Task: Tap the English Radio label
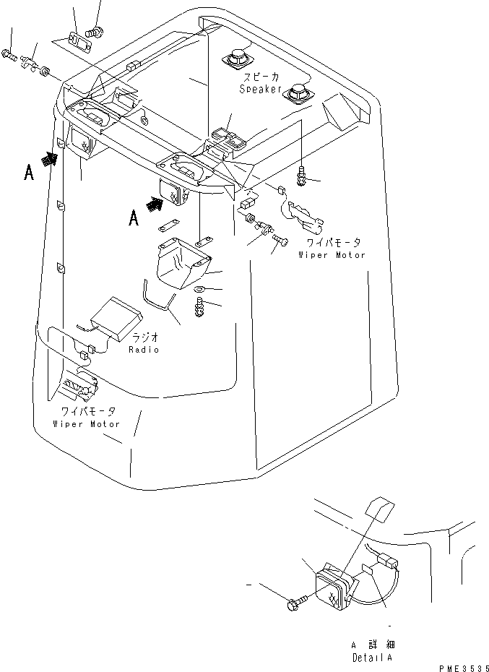click(x=144, y=349)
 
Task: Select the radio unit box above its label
click(x=115, y=316)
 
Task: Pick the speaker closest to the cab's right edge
click(x=298, y=95)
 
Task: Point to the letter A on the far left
click(x=28, y=173)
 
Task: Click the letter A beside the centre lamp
click(x=133, y=217)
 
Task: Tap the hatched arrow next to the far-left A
click(x=50, y=160)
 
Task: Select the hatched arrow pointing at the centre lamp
click(x=155, y=205)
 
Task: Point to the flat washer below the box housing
click(x=199, y=290)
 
